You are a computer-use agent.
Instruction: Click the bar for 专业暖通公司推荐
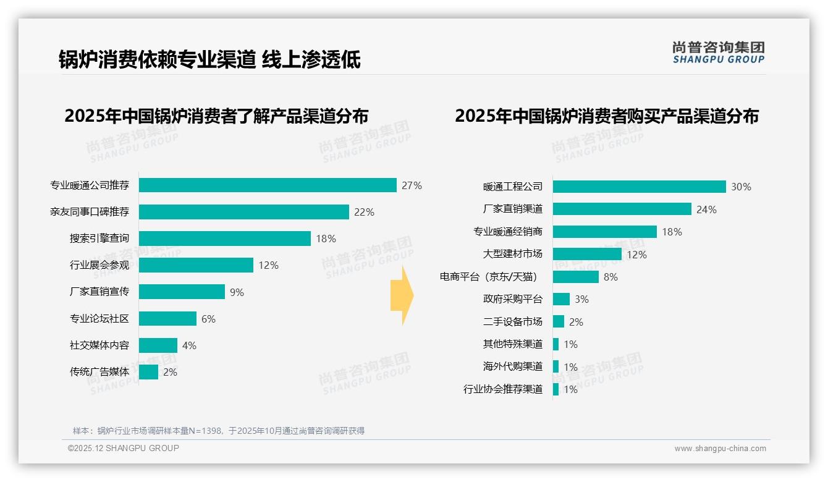[268, 185]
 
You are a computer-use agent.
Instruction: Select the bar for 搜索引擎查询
[224, 239]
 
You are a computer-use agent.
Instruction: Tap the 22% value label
[364, 212]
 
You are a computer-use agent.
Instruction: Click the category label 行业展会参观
[99, 265]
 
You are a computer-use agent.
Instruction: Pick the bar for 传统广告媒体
[148, 372]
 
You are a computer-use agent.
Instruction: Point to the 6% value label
[208, 319]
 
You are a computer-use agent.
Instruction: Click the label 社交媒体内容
[99, 345]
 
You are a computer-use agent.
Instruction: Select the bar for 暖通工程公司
[639, 187]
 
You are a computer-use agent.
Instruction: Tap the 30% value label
[741, 187]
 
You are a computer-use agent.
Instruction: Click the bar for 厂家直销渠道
[622, 209]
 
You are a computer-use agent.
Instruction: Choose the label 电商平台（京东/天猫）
[491, 277]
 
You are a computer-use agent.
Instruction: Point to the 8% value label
[610, 277]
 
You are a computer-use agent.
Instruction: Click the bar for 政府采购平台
[561, 299]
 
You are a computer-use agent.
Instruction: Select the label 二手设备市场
[513, 322]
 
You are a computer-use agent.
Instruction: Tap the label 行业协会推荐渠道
[503, 389]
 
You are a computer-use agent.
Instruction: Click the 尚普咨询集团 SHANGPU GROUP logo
[719, 52]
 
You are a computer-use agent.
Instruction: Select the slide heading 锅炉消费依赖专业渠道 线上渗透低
[209, 59]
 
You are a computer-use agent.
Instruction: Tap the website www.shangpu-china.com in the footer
[720, 449]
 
